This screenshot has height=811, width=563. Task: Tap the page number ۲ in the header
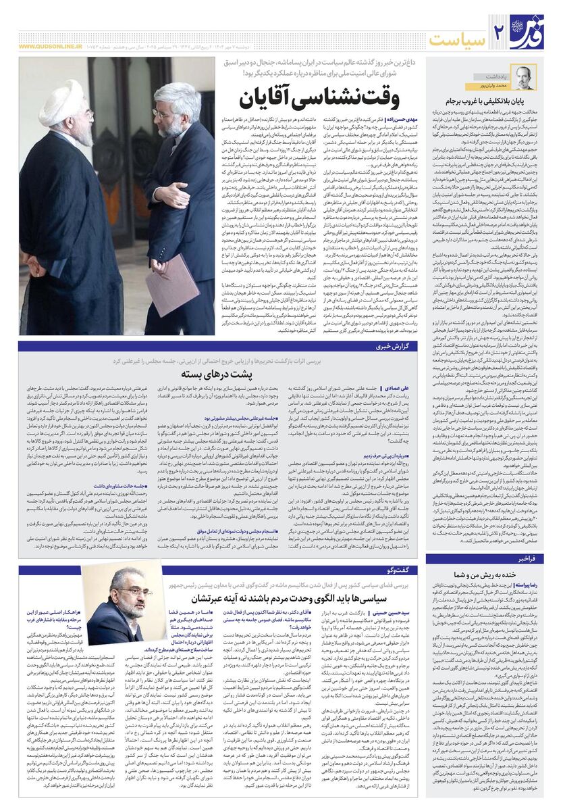point(500,30)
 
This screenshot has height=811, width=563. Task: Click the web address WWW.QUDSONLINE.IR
point(53,47)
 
